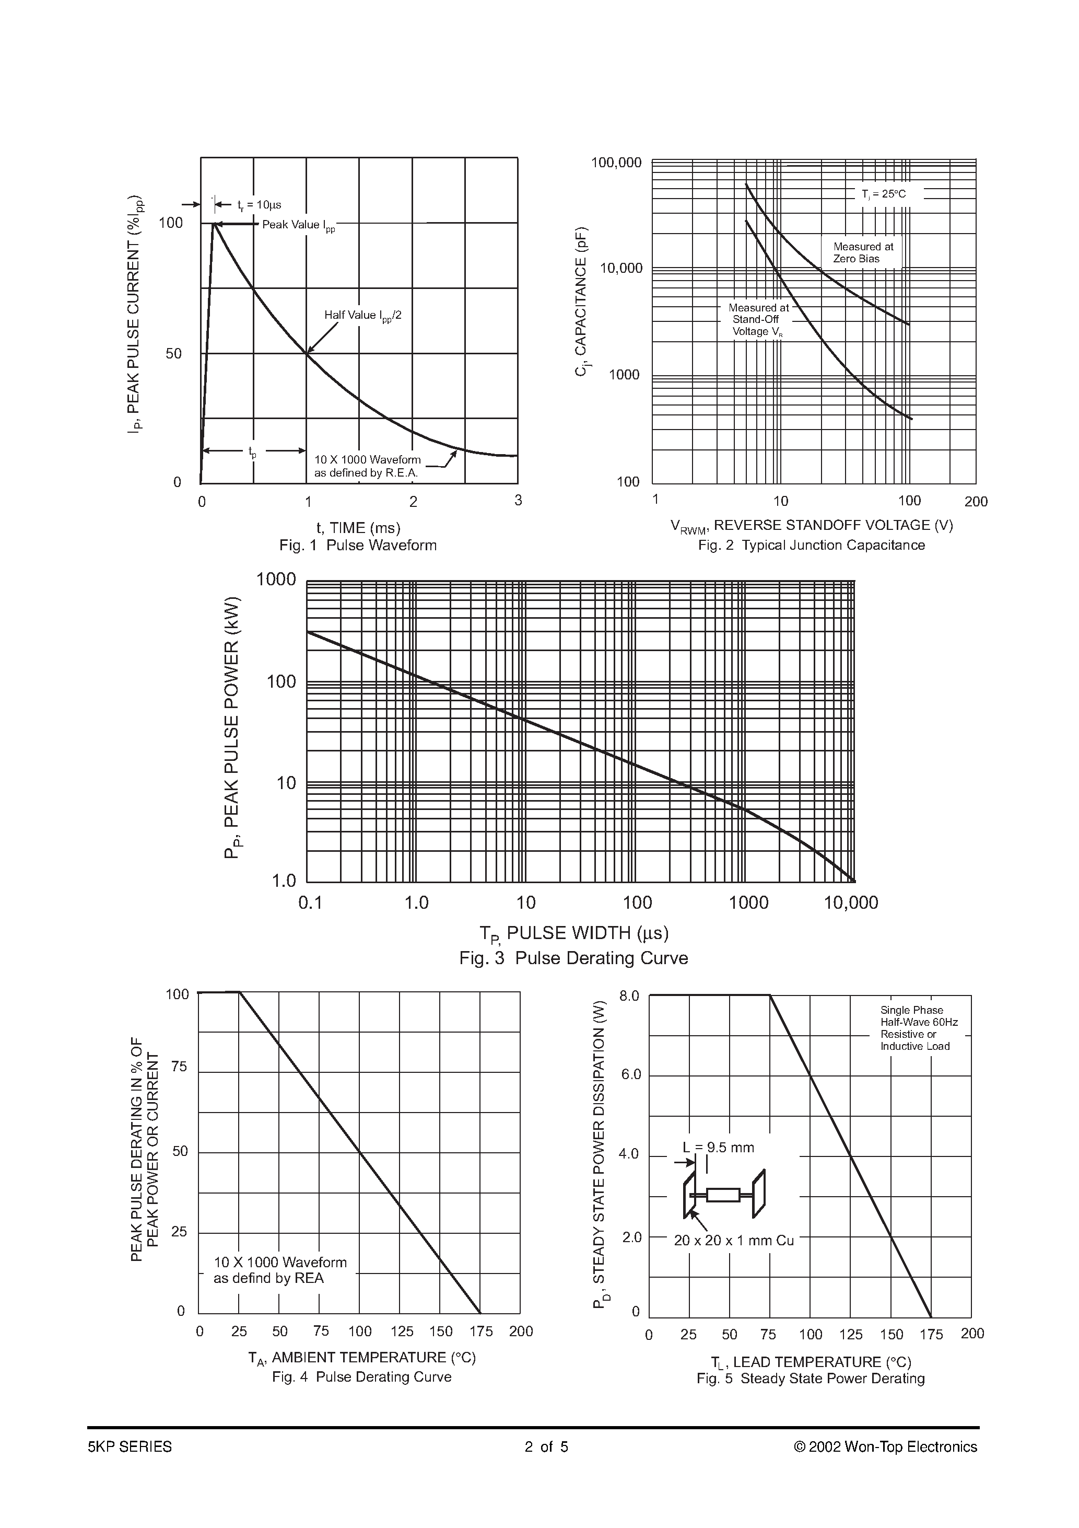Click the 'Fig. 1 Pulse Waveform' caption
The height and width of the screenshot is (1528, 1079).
click(358, 546)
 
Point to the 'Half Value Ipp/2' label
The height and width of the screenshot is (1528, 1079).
click(362, 316)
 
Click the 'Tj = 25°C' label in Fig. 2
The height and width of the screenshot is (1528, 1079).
click(884, 194)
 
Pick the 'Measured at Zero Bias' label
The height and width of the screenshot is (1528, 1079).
click(863, 253)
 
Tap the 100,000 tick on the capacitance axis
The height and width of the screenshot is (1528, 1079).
click(617, 163)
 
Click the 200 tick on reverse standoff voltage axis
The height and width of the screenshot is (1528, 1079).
click(976, 502)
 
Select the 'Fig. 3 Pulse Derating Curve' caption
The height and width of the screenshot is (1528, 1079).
click(573, 958)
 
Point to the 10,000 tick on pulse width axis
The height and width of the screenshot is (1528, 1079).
click(851, 903)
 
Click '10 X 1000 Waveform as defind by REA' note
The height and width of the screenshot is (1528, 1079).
click(280, 1270)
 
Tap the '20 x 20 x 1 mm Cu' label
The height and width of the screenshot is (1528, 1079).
click(734, 1241)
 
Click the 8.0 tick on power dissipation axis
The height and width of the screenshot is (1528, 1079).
click(629, 996)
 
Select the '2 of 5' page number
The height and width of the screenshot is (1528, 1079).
click(546, 1447)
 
